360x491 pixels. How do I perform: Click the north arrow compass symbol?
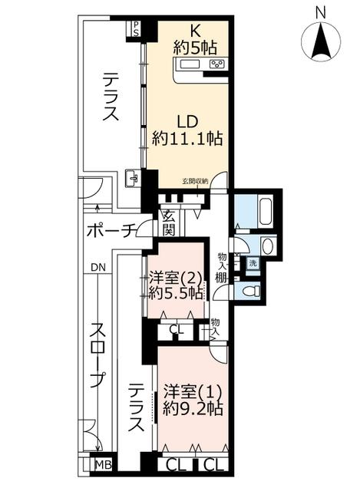(x=321, y=41)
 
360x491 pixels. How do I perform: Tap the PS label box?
(x=136, y=28)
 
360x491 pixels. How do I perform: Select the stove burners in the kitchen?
(x=216, y=64)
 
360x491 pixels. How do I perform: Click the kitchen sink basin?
(x=190, y=64)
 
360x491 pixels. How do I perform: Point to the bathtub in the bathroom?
(x=266, y=210)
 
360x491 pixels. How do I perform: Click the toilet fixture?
(x=252, y=291)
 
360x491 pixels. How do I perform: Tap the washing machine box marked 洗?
(x=253, y=263)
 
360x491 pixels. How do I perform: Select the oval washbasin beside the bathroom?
(x=268, y=246)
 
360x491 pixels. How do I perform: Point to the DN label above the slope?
(x=98, y=268)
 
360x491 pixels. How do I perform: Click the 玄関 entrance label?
(x=168, y=222)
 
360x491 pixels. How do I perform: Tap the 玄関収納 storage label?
(x=194, y=181)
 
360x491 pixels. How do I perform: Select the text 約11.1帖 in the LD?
(x=187, y=138)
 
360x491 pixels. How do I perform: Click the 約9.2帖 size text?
(x=193, y=409)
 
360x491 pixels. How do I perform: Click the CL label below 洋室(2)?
(x=177, y=329)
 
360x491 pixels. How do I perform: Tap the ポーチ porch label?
(x=111, y=231)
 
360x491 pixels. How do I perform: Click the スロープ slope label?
(x=98, y=356)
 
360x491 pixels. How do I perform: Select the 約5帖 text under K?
(x=195, y=48)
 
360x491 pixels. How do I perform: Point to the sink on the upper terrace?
(x=133, y=179)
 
